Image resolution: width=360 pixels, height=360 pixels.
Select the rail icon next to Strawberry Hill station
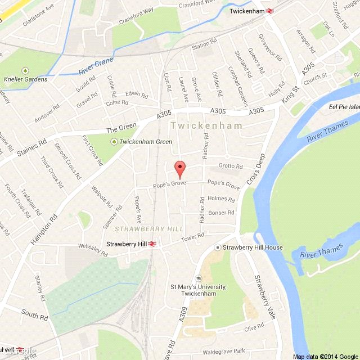[152, 244]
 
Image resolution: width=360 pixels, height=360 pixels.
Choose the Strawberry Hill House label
[252, 247]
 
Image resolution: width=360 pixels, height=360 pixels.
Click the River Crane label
[96, 66]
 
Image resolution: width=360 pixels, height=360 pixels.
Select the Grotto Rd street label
[231, 166]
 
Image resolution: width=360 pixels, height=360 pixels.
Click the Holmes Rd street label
[220, 199]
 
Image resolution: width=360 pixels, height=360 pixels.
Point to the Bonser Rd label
[220, 213]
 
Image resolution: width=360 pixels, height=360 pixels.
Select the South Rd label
[34, 314]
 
